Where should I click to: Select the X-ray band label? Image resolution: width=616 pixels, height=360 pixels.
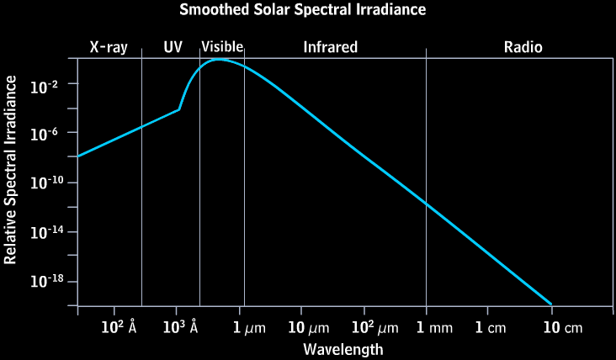[x=109, y=47]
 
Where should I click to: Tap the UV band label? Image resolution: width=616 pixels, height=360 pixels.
[x=173, y=47]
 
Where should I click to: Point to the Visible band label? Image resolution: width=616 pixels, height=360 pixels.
[x=222, y=47]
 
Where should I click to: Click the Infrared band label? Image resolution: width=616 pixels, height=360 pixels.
[x=331, y=47]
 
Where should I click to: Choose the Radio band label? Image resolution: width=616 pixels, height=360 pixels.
[x=523, y=47]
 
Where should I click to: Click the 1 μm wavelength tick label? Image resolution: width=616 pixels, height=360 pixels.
[x=249, y=327]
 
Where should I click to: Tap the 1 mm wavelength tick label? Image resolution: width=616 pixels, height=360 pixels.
[x=434, y=327]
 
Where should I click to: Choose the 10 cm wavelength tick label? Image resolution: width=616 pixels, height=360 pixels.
[x=561, y=327]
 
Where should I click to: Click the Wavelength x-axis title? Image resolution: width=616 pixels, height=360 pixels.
[x=343, y=348]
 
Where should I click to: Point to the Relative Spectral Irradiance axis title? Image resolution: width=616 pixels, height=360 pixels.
[x=11, y=169]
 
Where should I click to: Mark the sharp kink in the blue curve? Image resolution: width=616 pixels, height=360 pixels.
[x=178, y=109]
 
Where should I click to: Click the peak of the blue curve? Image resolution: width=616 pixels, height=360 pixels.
[x=219, y=60]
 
